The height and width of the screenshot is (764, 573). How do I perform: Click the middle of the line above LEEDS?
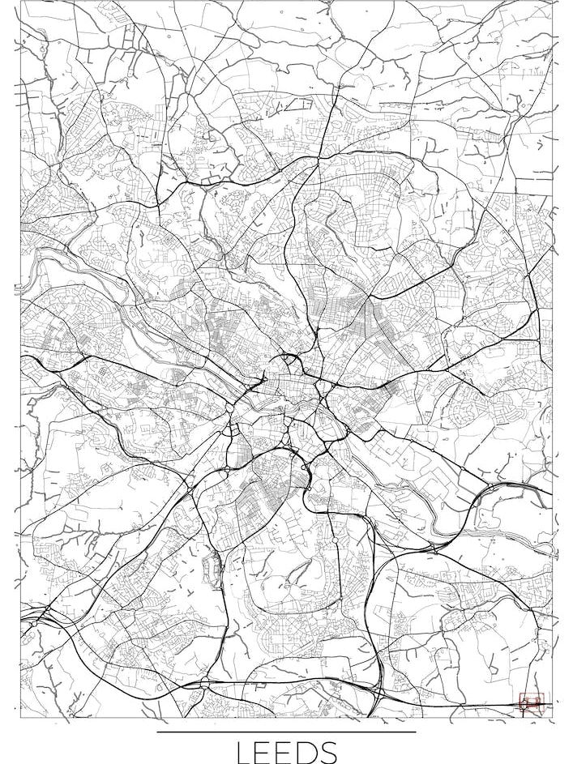point(286,732)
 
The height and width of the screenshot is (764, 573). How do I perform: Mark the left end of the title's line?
point(158,732)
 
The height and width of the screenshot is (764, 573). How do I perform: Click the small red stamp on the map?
point(531,701)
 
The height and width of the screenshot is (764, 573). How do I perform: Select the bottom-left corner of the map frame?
point(19,717)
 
